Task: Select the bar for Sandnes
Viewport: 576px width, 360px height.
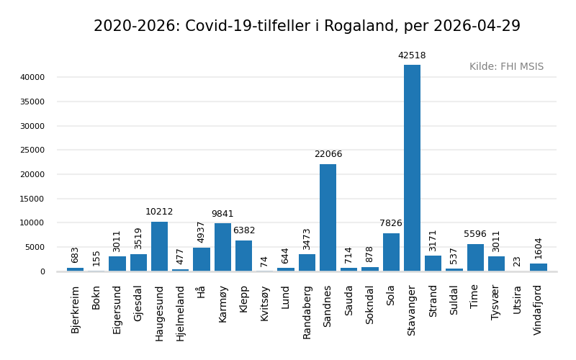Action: [328, 217]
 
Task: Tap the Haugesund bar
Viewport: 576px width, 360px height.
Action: [159, 246]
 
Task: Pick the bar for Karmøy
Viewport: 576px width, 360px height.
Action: [222, 247]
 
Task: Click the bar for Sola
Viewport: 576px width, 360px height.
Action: [391, 252]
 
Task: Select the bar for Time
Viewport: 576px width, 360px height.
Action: [475, 257]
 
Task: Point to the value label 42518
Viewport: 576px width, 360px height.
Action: [412, 56]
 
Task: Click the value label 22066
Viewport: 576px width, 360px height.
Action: [328, 155]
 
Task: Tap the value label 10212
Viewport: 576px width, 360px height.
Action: [159, 212]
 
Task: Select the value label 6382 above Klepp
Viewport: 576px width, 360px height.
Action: [244, 231]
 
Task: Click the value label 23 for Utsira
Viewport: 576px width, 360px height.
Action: [517, 261]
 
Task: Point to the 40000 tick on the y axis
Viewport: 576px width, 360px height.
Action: [32, 78]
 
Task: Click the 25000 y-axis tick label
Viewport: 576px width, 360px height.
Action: [32, 150]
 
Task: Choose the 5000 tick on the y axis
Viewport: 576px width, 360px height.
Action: [35, 248]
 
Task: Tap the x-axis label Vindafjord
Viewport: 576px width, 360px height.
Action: [538, 310]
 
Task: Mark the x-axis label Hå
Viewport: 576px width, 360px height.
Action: [202, 292]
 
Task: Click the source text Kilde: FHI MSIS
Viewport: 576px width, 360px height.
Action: [506, 67]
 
